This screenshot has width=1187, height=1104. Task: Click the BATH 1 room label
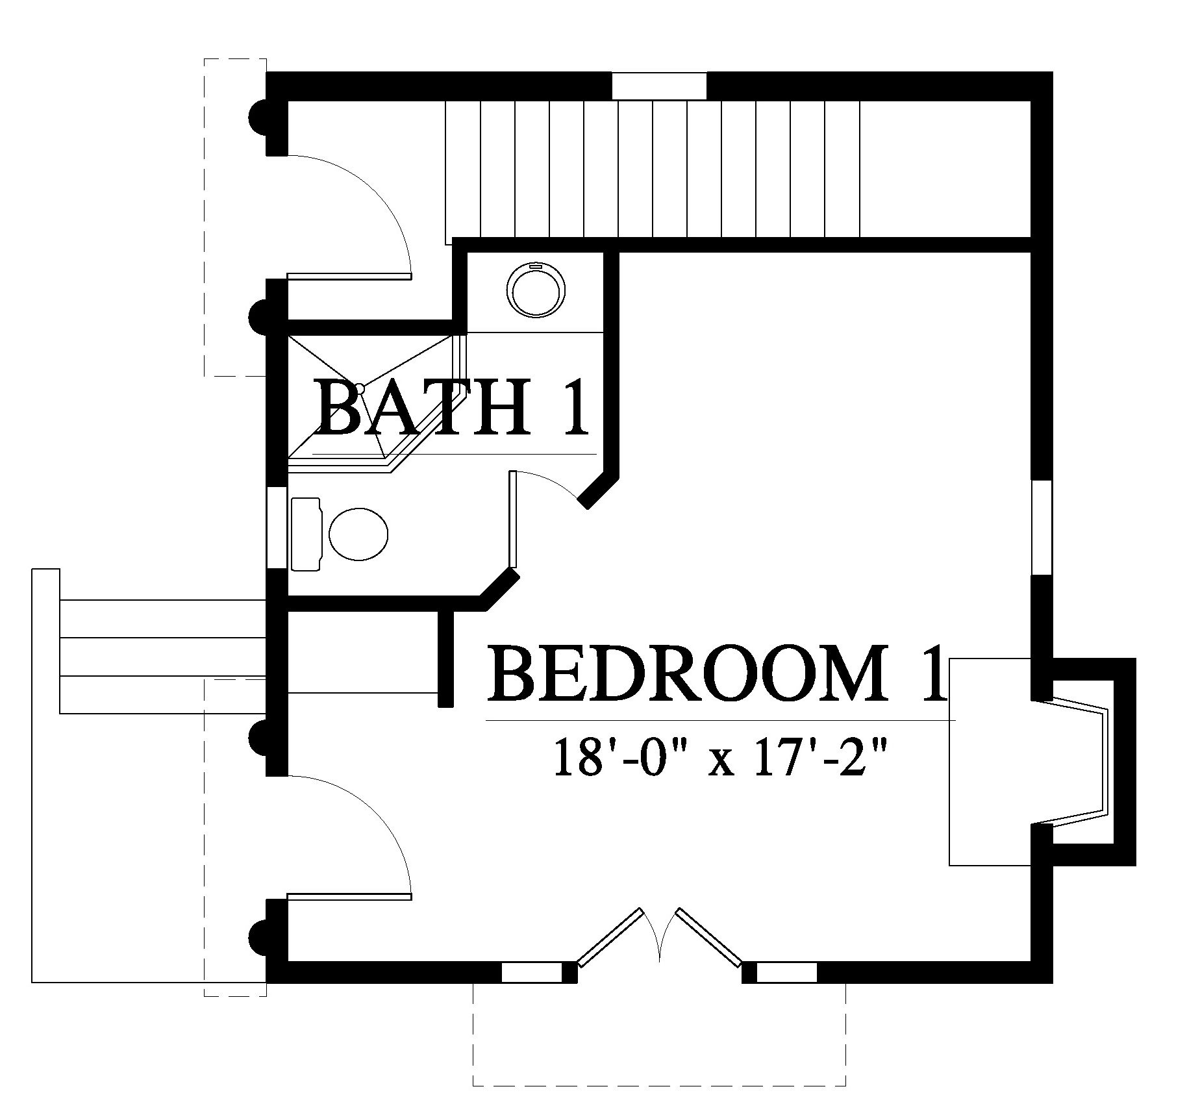pos(453,408)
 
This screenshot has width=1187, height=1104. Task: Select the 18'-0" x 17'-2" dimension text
pos(720,756)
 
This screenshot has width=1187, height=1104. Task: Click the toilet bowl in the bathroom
pos(358,534)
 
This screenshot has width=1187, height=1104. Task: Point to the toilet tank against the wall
pos(306,534)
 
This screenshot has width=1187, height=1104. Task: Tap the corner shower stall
pos(377,403)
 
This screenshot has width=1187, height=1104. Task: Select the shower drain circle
pos(360,388)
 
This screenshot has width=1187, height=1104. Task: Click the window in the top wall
pos(659,86)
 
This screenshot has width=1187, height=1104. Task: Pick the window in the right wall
pos(1042,527)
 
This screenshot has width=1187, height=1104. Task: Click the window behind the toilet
pos(277,527)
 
